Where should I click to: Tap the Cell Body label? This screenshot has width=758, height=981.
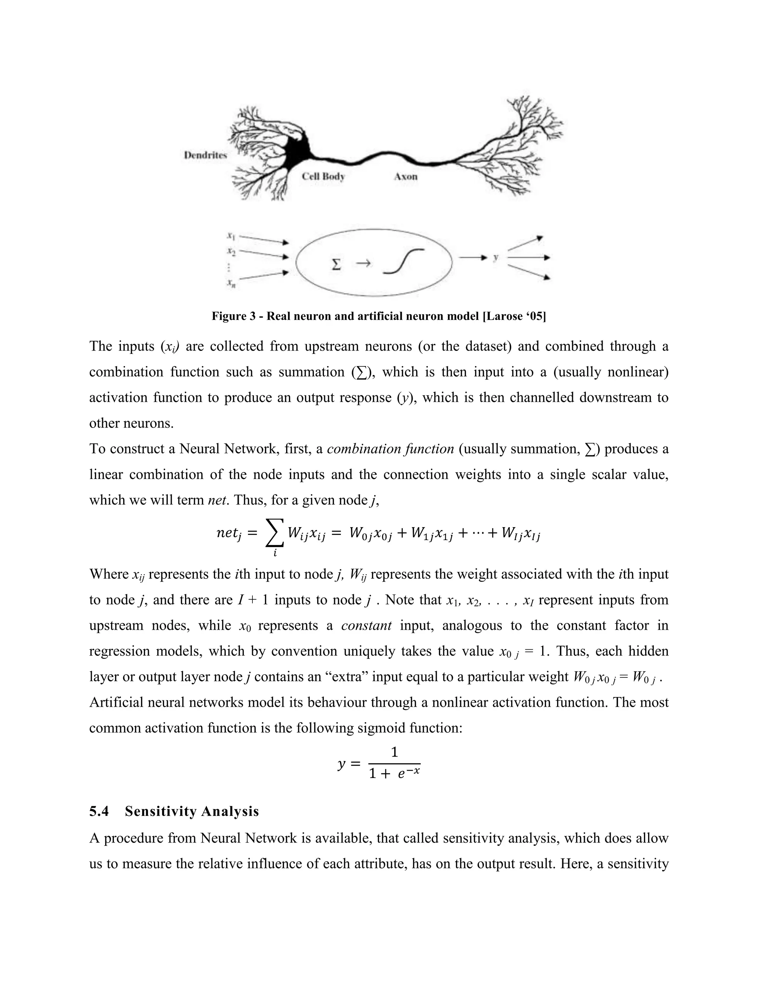(323, 176)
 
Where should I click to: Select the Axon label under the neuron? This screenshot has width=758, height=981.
(406, 177)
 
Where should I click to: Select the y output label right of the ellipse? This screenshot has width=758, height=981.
(496, 257)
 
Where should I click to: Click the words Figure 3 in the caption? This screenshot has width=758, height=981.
(235, 316)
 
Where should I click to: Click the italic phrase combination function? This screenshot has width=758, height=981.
(390, 449)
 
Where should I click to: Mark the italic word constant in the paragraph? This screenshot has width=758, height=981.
(366, 625)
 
